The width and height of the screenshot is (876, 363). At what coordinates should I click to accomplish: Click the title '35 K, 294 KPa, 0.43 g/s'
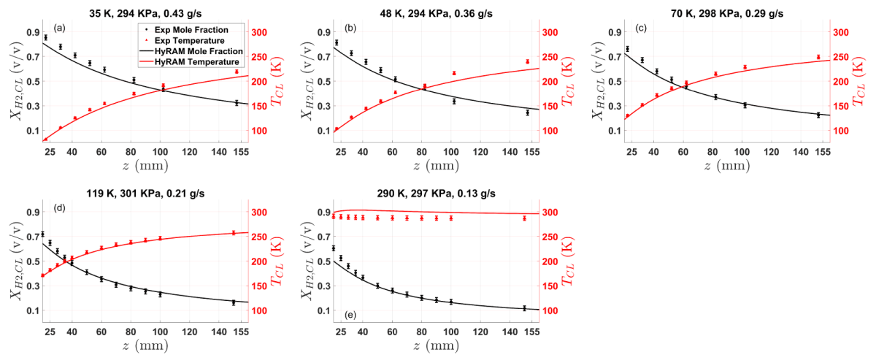click(145, 14)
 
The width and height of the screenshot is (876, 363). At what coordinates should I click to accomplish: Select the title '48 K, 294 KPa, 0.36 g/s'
click(436, 14)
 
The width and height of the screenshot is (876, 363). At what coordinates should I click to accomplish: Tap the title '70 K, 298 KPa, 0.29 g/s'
click(727, 14)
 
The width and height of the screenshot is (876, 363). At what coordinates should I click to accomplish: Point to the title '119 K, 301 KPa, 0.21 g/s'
click(145, 194)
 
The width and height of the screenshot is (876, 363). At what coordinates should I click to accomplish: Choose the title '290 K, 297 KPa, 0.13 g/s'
click(436, 194)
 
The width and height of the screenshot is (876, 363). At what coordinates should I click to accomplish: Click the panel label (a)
click(59, 28)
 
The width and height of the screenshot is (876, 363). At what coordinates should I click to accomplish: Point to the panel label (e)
click(350, 315)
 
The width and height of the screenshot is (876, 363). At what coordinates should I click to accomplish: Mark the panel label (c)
click(641, 28)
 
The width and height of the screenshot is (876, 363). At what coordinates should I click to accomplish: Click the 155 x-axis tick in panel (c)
click(823, 152)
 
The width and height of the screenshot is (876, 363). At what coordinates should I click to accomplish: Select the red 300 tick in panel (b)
click(550, 32)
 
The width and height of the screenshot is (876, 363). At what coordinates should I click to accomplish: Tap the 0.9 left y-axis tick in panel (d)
click(34, 212)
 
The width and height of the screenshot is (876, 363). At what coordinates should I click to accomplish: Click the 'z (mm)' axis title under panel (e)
click(436, 345)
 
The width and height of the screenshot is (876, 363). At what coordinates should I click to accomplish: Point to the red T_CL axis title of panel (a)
click(277, 81)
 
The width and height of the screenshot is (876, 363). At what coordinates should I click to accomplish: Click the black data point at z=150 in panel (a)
click(237, 103)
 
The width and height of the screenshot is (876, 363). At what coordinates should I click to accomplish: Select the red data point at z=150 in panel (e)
click(524, 218)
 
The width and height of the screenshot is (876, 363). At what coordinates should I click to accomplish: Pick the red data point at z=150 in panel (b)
click(528, 61)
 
